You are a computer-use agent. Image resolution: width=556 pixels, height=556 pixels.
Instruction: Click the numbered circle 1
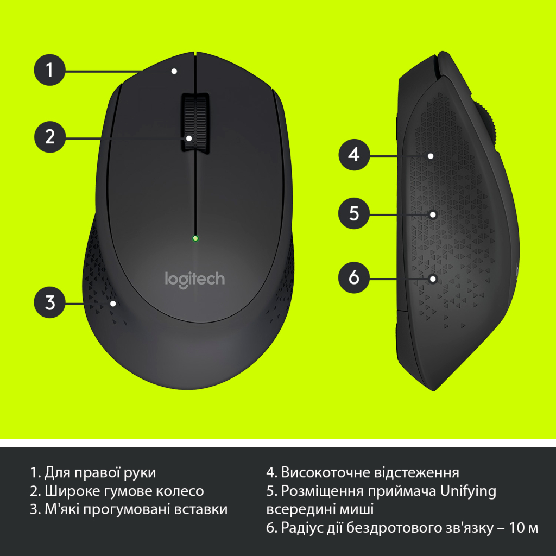50,70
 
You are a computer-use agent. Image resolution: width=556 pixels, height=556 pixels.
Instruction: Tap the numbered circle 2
50,136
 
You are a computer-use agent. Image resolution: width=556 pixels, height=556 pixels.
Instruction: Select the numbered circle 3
50,302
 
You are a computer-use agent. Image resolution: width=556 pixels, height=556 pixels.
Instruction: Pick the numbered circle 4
354,155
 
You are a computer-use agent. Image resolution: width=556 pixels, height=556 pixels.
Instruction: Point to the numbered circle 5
354,213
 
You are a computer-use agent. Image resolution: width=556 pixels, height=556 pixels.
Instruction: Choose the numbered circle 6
354,277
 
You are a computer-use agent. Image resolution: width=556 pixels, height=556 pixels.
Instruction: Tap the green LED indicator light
195,238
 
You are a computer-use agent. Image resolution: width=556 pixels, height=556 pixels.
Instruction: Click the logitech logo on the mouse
194,279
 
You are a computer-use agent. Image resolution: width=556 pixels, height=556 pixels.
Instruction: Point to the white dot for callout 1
174,71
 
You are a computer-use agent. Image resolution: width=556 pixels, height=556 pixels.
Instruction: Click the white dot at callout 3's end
113,303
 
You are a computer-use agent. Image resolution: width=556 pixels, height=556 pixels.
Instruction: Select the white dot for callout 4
430,156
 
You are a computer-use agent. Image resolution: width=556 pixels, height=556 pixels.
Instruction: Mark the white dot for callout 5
433,214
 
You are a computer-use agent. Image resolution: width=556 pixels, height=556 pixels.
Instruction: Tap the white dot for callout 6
433,279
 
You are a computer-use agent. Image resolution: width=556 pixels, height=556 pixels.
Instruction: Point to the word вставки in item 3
205,509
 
